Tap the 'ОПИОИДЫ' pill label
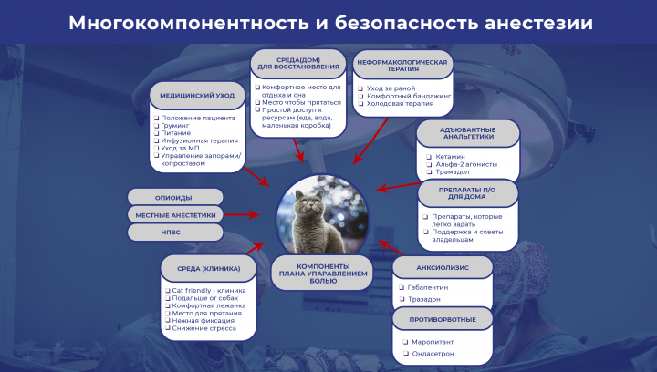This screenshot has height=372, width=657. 175,197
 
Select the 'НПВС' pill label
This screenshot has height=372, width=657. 175,232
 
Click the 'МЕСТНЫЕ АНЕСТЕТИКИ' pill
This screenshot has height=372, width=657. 175,215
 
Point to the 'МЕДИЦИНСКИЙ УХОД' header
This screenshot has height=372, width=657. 197,95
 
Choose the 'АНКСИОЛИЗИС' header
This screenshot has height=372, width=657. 443,268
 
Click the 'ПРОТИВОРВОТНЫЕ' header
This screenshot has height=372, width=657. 443,318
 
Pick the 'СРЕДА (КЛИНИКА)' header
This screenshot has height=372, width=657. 209,268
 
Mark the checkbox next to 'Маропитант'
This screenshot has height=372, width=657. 404,341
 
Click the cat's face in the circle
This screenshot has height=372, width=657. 321,202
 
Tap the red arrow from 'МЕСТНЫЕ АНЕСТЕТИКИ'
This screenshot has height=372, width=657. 248,215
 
